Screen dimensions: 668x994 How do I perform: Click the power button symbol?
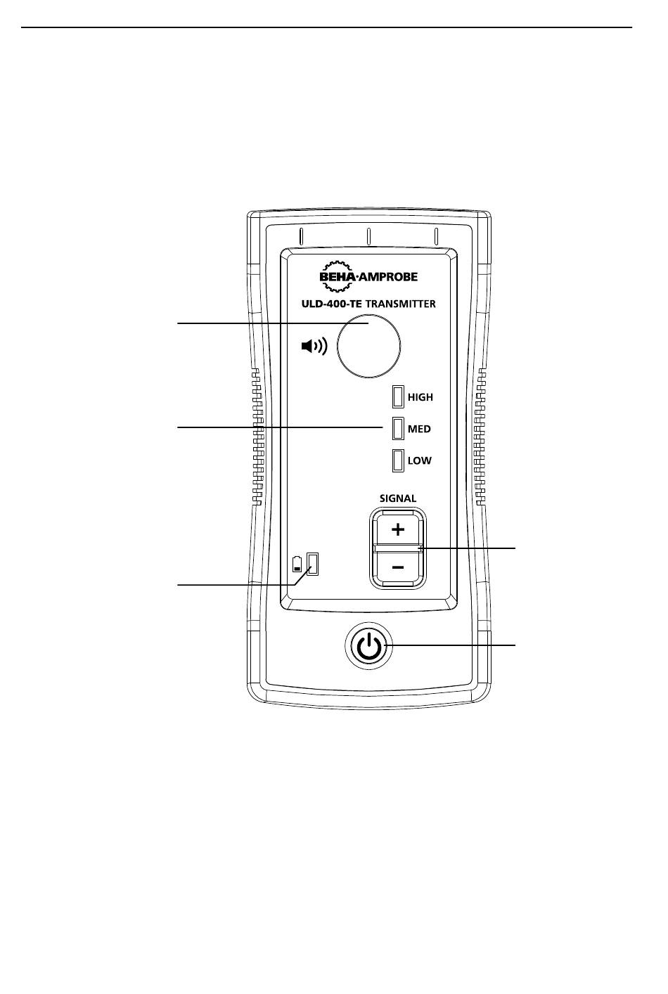(369, 646)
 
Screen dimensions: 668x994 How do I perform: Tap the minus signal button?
(398, 567)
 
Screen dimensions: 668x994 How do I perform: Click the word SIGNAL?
(398, 498)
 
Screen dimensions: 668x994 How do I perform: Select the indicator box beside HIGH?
(398, 396)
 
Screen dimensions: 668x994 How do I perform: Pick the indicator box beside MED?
(398, 428)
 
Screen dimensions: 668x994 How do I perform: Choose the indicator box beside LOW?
(398, 460)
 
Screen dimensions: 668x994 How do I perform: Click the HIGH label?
(420, 397)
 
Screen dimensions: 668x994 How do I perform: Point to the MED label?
(419, 429)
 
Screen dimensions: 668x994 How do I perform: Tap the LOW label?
(420, 460)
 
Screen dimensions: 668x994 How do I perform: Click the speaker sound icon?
(314, 346)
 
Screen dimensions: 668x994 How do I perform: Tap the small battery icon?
(297, 564)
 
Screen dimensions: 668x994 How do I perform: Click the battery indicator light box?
(313, 564)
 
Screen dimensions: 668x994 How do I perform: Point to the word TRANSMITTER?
(400, 304)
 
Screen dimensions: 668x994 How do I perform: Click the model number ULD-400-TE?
(332, 304)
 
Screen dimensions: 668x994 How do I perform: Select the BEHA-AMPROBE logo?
(368, 276)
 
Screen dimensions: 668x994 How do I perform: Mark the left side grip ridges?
(257, 437)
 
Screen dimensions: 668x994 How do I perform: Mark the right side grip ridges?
(480, 437)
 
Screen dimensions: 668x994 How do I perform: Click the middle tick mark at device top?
(369, 236)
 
